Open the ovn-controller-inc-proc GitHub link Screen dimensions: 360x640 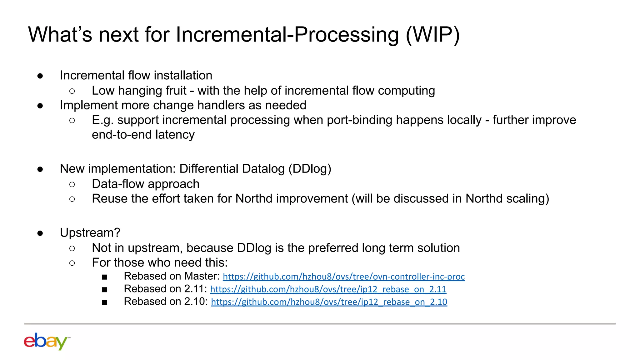343,277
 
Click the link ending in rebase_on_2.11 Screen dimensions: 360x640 328,289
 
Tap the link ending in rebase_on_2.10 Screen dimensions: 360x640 329,302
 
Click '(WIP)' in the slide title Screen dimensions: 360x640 432,34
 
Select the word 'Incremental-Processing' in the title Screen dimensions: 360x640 287,34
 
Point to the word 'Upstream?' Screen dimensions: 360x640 90,233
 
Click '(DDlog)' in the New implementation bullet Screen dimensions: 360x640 309,169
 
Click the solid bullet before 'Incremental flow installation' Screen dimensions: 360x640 40,76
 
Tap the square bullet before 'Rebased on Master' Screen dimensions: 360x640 105,277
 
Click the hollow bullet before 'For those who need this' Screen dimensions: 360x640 72,263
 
